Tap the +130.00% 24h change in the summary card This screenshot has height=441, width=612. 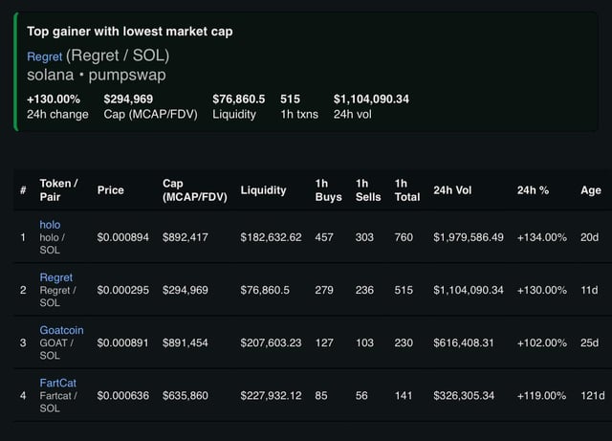coord(55,98)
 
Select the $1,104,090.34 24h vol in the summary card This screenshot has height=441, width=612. coord(371,98)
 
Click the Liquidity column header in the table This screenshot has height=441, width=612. coord(263,189)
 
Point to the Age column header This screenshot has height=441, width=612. coord(591,189)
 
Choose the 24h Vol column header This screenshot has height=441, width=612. coord(452,189)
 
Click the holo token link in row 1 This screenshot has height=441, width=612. coord(50,223)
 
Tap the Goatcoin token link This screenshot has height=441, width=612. coord(61,329)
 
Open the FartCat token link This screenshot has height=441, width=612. coord(57,382)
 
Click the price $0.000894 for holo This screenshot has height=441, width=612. coord(123,236)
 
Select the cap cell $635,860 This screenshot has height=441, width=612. coord(186,394)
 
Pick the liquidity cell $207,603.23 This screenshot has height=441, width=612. coord(272,342)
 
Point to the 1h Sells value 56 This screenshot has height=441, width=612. coord(364,394)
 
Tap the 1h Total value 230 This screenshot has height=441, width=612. coord(403,342)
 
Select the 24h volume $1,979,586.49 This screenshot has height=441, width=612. coord(468,236)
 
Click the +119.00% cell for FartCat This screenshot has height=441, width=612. coord(542,394)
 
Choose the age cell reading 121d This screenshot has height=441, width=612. coord(592,394)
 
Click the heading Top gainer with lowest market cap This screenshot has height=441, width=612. coord(129,32)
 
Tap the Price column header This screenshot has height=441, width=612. coord(111,189)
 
